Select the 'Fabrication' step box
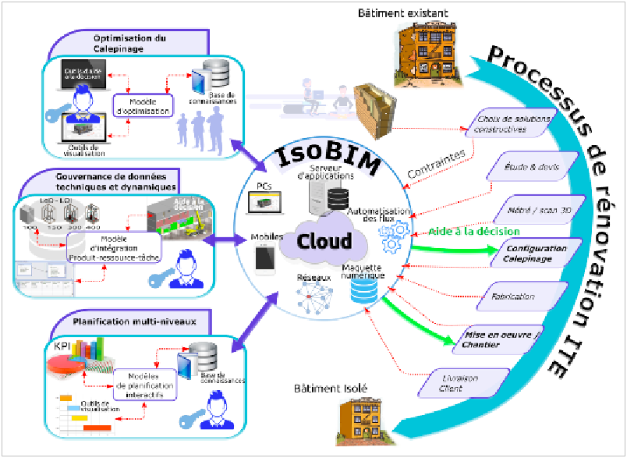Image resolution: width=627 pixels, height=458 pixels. click(513, 296)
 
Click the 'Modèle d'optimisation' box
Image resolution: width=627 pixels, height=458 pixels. click(141, 106)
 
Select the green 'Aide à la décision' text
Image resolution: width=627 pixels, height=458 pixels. click(473, 233)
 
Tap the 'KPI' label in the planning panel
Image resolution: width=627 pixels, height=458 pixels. click(62, 345)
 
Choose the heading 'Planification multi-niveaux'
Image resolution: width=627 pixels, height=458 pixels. click(129, 321)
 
